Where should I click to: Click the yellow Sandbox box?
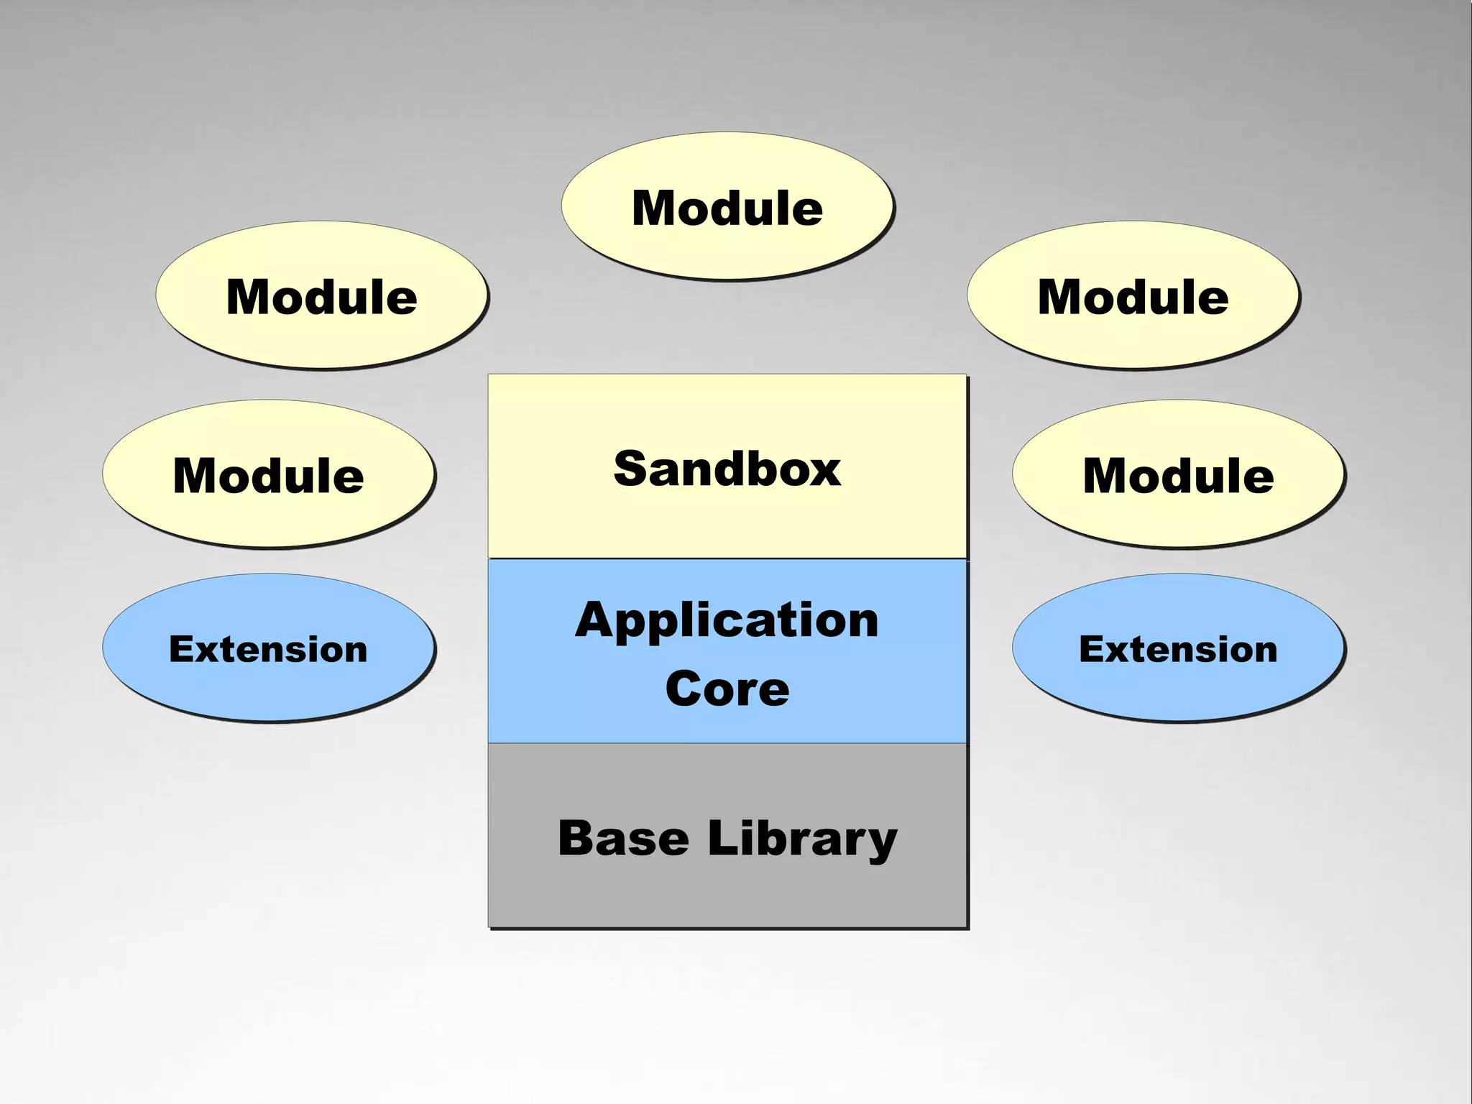[x=727, y=517]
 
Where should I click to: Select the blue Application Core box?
[x=727, y=722]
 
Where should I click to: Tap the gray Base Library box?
[x=727, y=891]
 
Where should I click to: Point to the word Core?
[x=727, y=689]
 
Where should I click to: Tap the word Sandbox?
[x=727, y=469]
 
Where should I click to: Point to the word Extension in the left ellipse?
[x=268, y=649]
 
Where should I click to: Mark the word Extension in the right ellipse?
[x=1178, y=649]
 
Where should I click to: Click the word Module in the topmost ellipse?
[x=727, y=208]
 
